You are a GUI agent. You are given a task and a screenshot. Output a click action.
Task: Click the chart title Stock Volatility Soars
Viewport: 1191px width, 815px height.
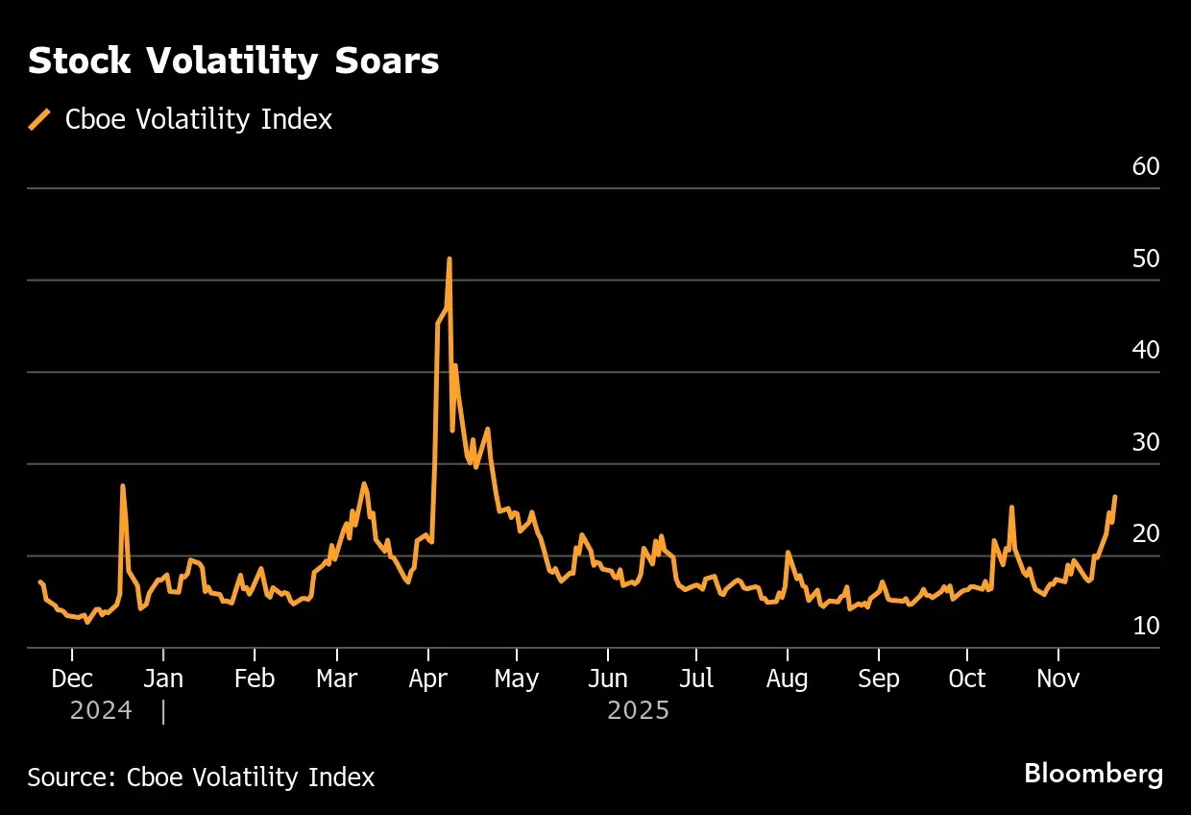pyautogui.click(x=233, y=62)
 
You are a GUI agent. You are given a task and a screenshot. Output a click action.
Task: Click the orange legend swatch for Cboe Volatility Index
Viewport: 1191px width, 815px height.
pyautogui.click(x=39, y=119)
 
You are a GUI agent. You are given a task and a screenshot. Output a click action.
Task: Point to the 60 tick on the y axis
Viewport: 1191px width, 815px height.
pyautogui.click(x=1146, y=167)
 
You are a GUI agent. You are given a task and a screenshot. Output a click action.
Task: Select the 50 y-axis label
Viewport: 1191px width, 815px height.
pyautogui.click(x=1146, y=259)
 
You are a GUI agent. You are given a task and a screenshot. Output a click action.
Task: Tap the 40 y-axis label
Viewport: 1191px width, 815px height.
pyautogui.click(x=1146, y=351)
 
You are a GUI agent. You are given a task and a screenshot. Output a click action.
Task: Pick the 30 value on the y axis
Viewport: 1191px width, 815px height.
pyautogui.click(x=1146, y=443)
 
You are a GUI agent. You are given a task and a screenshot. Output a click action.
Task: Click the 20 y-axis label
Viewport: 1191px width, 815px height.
pyautogui.click(x=1146, y=534)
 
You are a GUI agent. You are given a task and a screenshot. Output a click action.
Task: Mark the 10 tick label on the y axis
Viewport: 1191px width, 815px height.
pyautogui.click(x=1146, y=627)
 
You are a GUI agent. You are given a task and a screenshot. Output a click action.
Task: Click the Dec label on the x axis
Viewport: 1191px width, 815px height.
pyautogui.click(x=72, y=679)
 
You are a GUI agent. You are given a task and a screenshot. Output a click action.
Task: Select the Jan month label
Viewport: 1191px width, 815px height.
pyautogui.click(x=163, y=679)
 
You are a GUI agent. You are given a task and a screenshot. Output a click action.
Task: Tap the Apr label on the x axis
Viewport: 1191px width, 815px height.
pyautogui.click(x=427, y=679)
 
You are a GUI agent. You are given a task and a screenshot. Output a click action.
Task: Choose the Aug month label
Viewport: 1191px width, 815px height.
pyautogui.click(x=787, y=679)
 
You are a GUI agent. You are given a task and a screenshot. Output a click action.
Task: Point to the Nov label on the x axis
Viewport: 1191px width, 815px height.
pyautogui.click(x=1057, y=679)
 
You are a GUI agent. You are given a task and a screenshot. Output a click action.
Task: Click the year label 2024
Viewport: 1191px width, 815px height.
pyautogui.click(x=101, y=712)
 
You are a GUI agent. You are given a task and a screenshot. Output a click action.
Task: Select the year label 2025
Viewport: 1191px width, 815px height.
pyautogui.click(x=638, y=712)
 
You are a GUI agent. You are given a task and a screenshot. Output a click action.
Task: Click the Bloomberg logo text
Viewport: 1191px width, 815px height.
pyautogui.click(x=1093, y=774)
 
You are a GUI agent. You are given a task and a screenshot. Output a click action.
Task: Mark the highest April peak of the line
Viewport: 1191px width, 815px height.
pyautogui.click(x=449, y=259)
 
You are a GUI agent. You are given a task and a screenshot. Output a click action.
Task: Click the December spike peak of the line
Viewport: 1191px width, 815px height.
pyautogui.click(x=123, y=485)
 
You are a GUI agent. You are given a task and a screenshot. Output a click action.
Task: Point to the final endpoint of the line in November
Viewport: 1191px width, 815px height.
pyautogui.click(x=1114, y=497)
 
